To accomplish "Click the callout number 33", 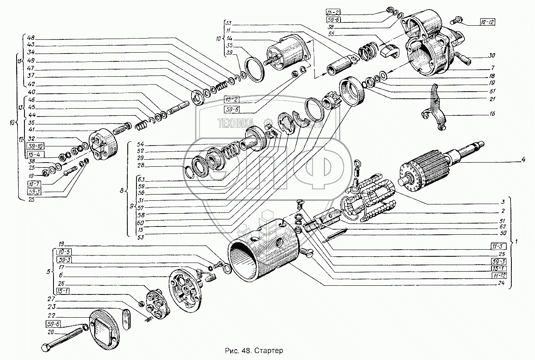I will [229, 22].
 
